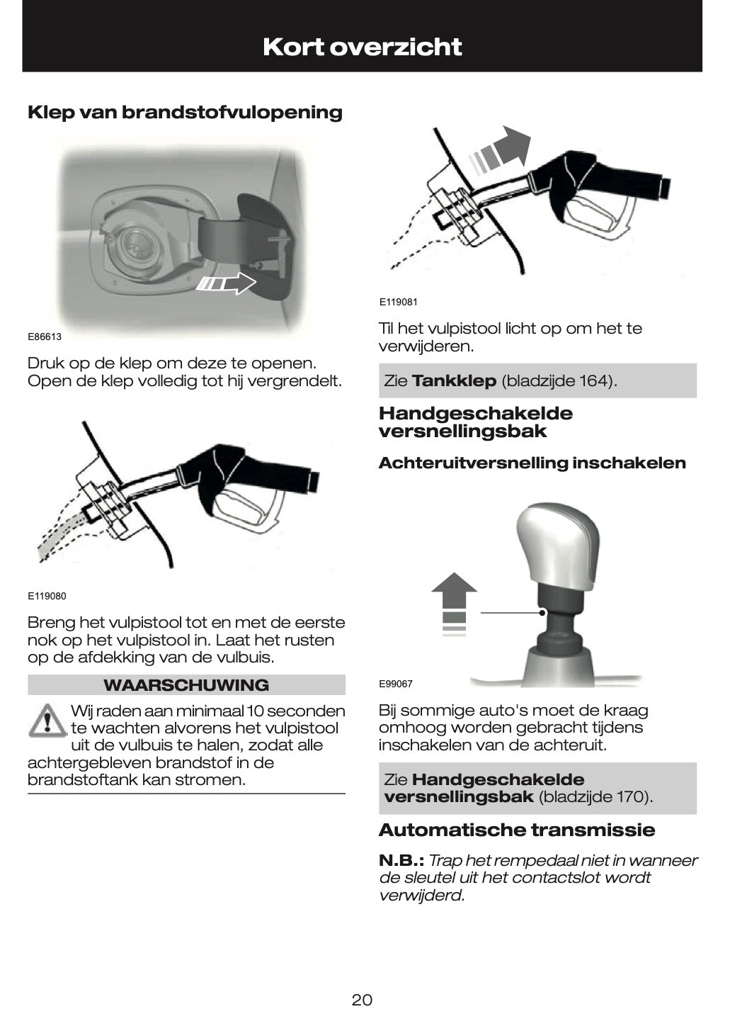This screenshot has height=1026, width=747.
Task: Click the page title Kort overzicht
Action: [362, 47]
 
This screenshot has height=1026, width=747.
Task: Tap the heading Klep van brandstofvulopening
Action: [185, 112]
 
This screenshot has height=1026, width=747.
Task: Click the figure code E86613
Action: [45, 337]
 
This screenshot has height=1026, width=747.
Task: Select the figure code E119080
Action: [47, 596]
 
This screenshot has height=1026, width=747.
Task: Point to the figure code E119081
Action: [398, 302]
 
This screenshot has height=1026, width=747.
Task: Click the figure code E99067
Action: [395, 684]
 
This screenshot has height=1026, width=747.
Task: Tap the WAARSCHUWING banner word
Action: [186, 685]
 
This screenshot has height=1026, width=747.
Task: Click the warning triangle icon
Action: [46, 721]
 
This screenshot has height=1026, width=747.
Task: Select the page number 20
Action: [362, 1000]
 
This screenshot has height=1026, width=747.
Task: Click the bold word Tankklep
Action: [454, 381]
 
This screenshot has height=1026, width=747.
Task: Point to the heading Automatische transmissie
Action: [517, 830]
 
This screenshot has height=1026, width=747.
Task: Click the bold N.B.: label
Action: [401, 860]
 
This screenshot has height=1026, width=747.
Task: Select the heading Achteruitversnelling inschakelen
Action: [532, 463]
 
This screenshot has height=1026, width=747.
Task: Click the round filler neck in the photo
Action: [134, 245]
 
